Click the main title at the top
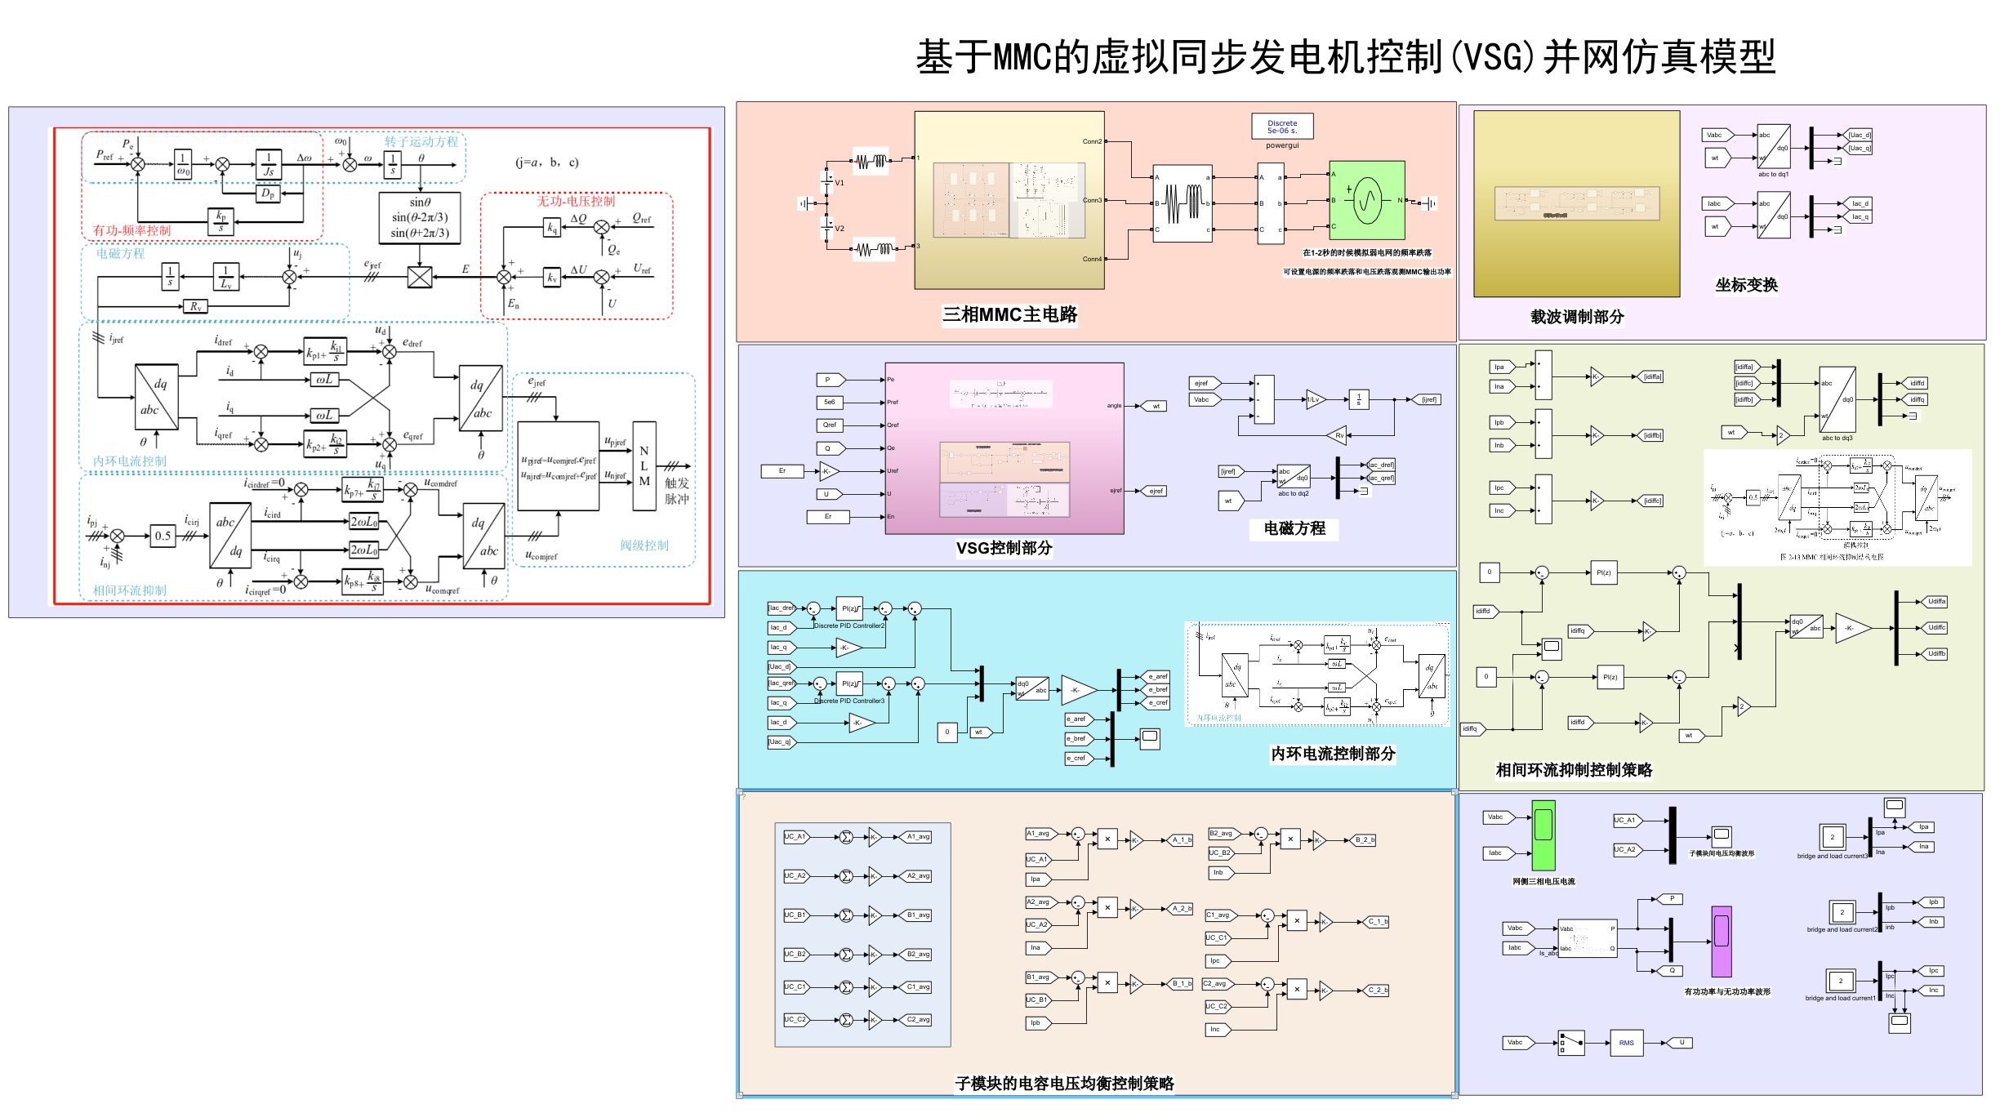tap(1345, 57)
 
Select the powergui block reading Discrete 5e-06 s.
tap(1281, 127)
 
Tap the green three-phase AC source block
tap(1366, 199)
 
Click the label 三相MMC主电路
tap(1009, 314)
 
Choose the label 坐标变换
tap(1746, 284)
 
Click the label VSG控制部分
tap(1004, 548)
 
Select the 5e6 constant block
tap(829, 402)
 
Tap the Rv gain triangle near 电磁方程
tap(1337, 435)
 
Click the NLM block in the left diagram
tap(644, 466)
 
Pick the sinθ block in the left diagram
tap(420, 217)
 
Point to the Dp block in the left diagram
tap(268, 194)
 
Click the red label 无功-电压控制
tap(576, 201)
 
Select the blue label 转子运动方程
tap(421, 141)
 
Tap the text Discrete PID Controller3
tap(849, 701)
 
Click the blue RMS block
tap(1626, 1043)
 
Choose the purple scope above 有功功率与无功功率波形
tap(1722, 941)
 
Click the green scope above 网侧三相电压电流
tap(1543, 835)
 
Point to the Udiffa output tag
tap(1936, 602)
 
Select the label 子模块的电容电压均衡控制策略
tap(1063, 1084)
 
